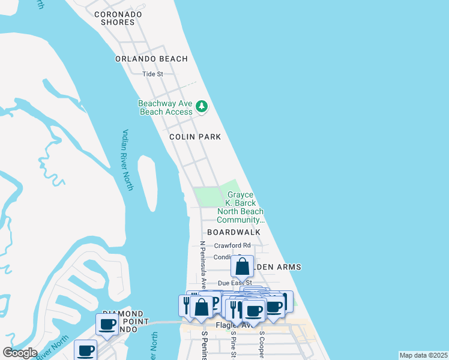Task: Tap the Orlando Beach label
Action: [152, 59]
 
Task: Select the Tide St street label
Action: [152, 74]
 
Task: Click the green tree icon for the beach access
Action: [202, 107]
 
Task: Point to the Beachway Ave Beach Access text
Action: [166, 107]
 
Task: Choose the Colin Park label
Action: [195, 137]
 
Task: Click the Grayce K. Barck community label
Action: [240, 208]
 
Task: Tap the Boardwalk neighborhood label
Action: [234, 232]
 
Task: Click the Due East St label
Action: [234, 283]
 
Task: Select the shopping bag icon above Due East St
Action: [243, 266]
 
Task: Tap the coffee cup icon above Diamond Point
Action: [108, 324]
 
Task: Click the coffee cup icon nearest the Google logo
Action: [85, 350]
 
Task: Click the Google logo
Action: [20, 353]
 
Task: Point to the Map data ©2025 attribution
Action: [423, 355]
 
